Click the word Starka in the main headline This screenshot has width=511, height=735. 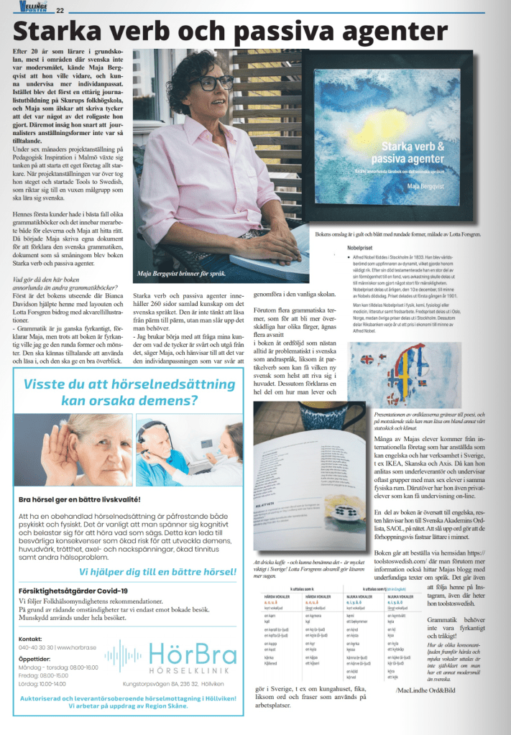click(59, 32)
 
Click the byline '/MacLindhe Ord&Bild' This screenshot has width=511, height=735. click(431, 691)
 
